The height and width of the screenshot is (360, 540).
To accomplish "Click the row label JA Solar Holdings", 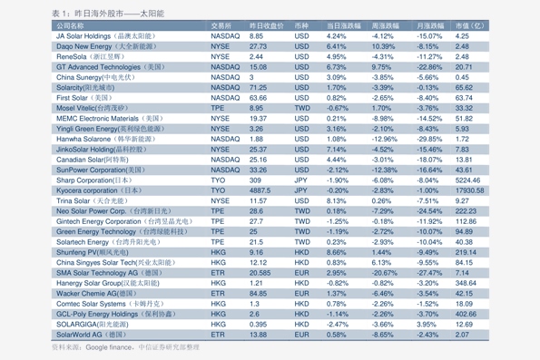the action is [83, 36].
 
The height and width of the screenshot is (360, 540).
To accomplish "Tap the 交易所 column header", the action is [221, 25].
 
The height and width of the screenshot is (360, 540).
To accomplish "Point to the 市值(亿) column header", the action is [470, 25].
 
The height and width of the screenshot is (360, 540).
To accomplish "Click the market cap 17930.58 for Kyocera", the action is [470, 190].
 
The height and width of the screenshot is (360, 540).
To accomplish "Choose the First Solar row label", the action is [72, 98].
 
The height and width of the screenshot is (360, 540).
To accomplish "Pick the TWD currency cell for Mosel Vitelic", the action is [302, 108].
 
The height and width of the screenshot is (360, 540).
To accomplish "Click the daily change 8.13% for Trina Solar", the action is [336, 200].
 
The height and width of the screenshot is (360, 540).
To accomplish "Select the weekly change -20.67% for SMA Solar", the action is [384, 273].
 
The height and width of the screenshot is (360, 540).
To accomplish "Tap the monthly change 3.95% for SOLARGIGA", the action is [427, 325].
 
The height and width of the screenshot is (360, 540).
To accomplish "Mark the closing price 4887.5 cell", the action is [260, 190].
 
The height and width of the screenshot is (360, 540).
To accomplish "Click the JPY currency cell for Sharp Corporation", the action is [300, 180].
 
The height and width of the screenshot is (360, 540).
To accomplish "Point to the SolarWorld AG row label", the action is [79, 335].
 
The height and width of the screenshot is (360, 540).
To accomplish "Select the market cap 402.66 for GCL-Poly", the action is [466, 314].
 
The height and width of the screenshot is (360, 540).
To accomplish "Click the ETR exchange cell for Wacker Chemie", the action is [218, 294].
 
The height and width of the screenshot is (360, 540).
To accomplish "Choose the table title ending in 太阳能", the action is [108, 14].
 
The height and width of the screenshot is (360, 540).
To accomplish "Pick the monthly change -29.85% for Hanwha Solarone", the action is [429, 139].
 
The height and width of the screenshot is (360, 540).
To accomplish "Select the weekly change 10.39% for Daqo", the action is [383, 46].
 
